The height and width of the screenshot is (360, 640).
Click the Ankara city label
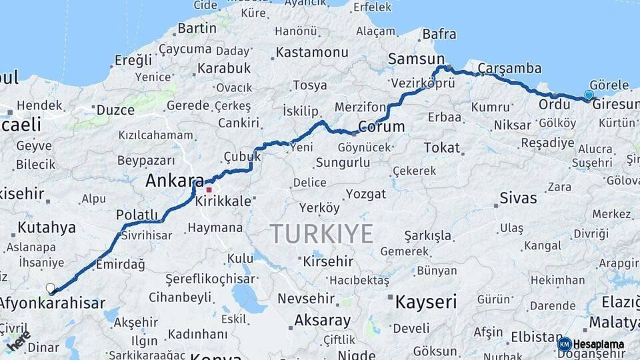click(x=175, y=180)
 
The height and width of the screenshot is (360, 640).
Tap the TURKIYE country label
click(x=321, y=234)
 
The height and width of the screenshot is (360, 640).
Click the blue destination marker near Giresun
click(x=588, y=95)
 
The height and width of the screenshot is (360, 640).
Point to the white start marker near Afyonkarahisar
click(x=51, y=288)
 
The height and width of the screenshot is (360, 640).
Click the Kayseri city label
click(x=426, y=302)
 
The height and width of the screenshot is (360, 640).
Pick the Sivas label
click(x=518, y=198)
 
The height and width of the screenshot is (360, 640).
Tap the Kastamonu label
click(x=312, y=52)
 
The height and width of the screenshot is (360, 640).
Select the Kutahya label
click(x=47, y=227)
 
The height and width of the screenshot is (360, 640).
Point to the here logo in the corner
click(x=19, y=341)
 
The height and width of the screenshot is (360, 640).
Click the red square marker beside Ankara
click(x=209, y=190)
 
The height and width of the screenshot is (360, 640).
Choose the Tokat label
click(x=442, y=147)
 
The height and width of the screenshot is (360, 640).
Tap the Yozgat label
click(x=366, y=194)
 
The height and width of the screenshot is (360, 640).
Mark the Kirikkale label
click(x=224, y=201)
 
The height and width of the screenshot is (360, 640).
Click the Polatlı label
click(x=137, y=214)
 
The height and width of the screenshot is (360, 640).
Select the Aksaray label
click(x=322, y=320)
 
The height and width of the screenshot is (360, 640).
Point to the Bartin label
click(x=197, y=28)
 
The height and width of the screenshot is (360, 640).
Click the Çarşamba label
click(x=510, y=68)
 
